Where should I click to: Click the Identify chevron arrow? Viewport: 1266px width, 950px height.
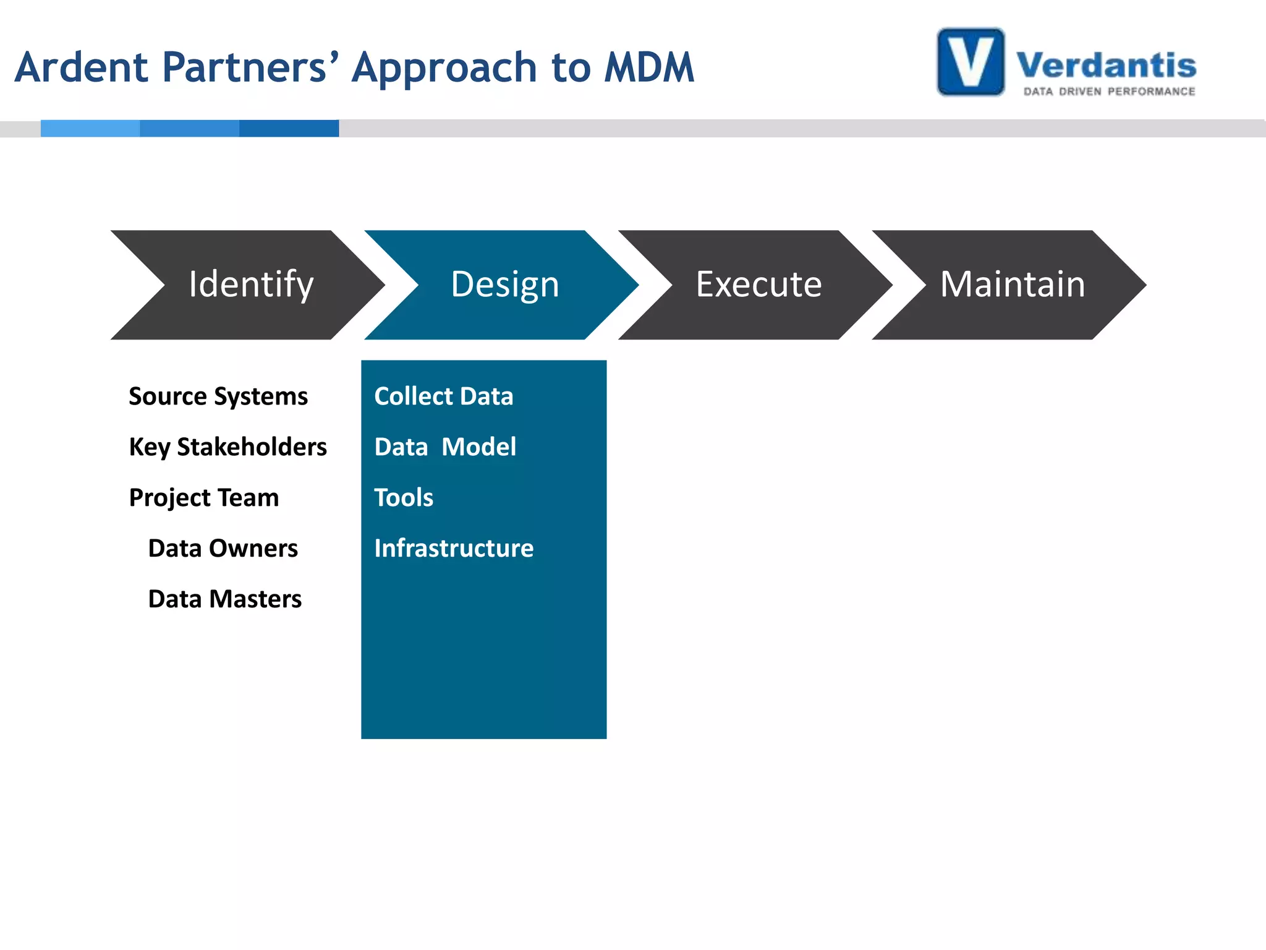pos(250,285)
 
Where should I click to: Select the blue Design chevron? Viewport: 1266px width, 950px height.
pos(504,285)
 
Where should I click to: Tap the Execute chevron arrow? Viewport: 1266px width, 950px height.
pos(758,285)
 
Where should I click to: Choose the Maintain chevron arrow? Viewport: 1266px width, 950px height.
pos(1012,285)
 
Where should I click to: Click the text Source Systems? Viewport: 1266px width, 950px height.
pos(218,396)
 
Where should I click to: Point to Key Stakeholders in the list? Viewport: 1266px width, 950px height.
pos(227,447)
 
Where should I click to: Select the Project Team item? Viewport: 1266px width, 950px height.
pos(204,498)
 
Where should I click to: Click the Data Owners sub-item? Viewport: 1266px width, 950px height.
pos(223,549)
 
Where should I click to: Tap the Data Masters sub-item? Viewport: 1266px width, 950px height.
pos(224,599)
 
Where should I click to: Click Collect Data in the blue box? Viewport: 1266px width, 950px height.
pos(443,396)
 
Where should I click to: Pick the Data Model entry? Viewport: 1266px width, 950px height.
pos(444,447)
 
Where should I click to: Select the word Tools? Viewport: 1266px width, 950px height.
pos(404,498)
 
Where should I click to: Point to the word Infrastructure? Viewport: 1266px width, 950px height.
pos(454,549)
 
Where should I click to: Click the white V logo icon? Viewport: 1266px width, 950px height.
pos(971,62)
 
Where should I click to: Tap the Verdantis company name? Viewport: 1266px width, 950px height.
pos(1106,65)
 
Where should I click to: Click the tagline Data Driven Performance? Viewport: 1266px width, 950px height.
pos(1109,92)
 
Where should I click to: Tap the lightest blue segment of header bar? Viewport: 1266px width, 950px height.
pos(90,128)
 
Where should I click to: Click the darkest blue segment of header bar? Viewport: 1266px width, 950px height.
pos(289,128)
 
